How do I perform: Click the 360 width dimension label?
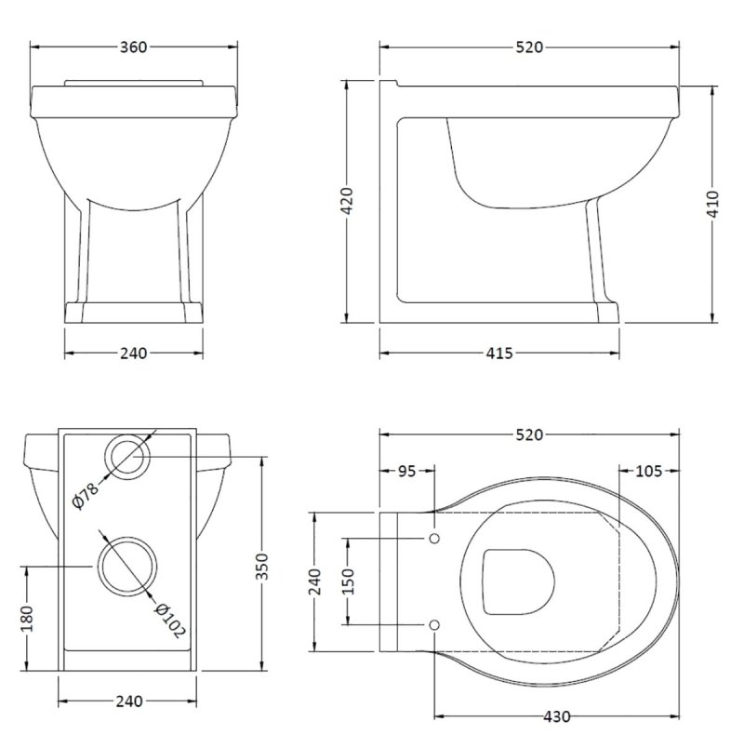(x=134, y=47)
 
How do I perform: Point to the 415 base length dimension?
(x=500, y=353)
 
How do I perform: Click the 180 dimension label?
(x=27, y=621)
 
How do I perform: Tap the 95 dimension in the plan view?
(x=407, y=472)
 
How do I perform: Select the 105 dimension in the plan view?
(x=648, y=472)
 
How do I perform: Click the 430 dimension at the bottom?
(x=556, y=716)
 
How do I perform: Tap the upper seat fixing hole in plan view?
(x=434, y=540)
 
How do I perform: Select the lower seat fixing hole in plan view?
(x=434, y=624)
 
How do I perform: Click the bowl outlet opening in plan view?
(x=519, y=582)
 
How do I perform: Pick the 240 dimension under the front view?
(x=134, y=353)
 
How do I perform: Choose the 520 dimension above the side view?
(x=527, y=47)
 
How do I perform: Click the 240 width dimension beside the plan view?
(x=315, y=582)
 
